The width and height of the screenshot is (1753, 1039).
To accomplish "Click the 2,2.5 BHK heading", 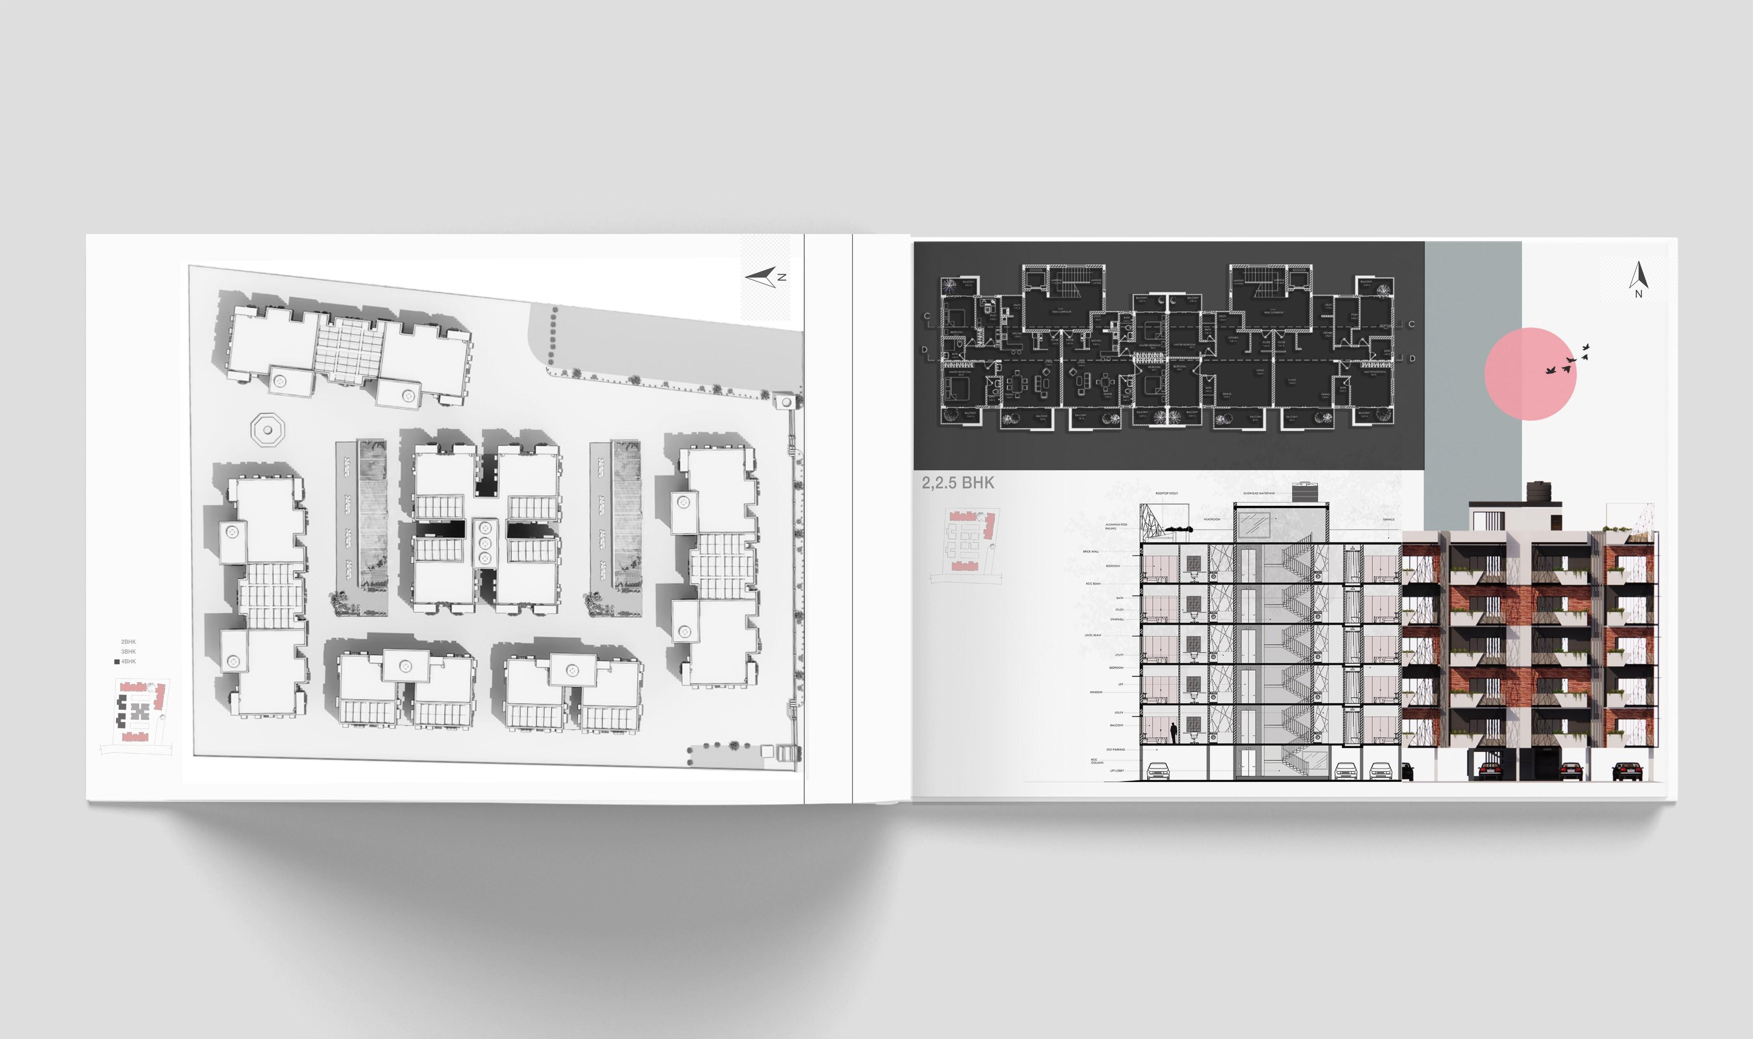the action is (957, 483).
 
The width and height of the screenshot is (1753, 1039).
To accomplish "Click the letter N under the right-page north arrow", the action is (1638, 294).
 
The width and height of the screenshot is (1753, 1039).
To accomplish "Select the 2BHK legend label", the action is (128, 642).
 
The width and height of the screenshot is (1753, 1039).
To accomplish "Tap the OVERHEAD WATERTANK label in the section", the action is (1258, 494).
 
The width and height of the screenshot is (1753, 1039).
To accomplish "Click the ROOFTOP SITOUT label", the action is (1167, 494).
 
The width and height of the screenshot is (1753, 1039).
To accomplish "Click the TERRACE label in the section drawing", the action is (1388, 519).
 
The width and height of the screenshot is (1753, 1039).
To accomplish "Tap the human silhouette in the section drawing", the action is (1173, 733).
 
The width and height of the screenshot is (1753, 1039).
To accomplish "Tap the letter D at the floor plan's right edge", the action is (1412, 359).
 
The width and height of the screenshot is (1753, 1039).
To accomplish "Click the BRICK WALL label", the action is (1090, 552).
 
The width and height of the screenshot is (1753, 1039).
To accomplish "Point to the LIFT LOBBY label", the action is (1116, 771).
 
